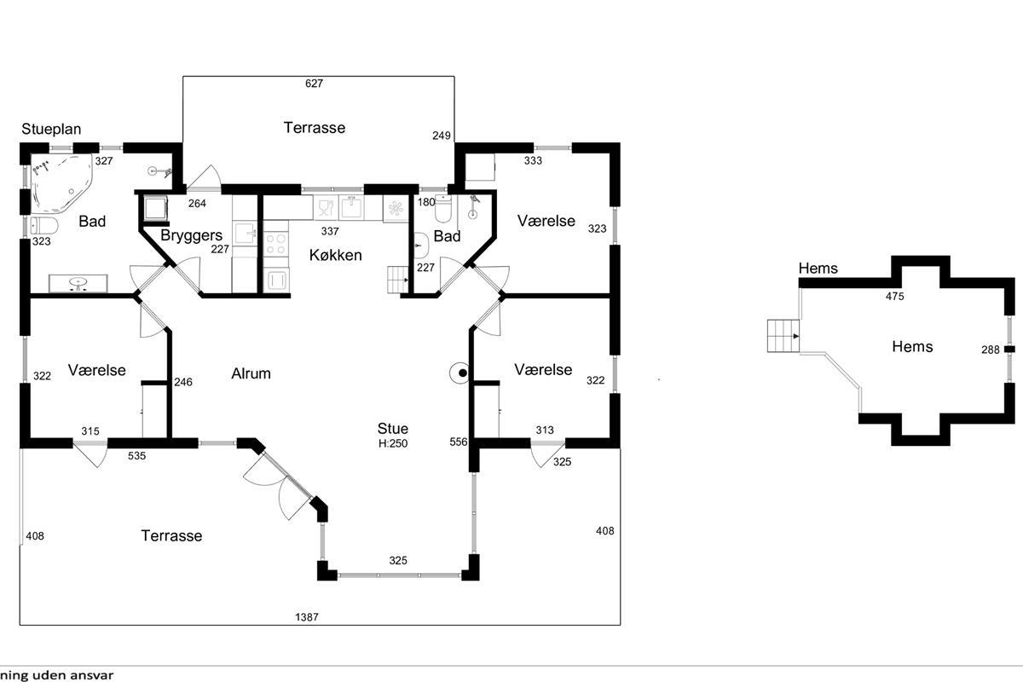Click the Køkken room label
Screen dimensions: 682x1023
tap(337, 255)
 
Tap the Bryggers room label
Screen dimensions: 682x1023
tap(192, 235)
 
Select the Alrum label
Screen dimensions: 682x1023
tap(251, 373)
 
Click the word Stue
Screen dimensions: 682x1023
tap(393, 429)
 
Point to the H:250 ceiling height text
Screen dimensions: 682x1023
tap(393, 443)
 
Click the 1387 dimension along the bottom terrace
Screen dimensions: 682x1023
tap(307, 617)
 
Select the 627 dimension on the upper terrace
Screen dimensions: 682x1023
tap(315, 84)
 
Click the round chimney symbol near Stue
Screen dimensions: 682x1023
tap(461, 373)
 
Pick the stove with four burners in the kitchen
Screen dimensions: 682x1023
tap(275, 245)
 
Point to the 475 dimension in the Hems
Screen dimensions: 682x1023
tap(894, 297)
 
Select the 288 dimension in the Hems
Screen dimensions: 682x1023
tap(990, 350)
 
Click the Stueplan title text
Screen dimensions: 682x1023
tap(51, 130)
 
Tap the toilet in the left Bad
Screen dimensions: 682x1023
tap(43, 226)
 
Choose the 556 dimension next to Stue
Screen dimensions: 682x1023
tap(459, 442)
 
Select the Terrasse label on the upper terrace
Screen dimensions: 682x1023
tap(315, 128)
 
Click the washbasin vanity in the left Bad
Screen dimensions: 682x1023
tap(78, 282)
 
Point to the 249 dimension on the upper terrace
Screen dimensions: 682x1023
tap(442, 136)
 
